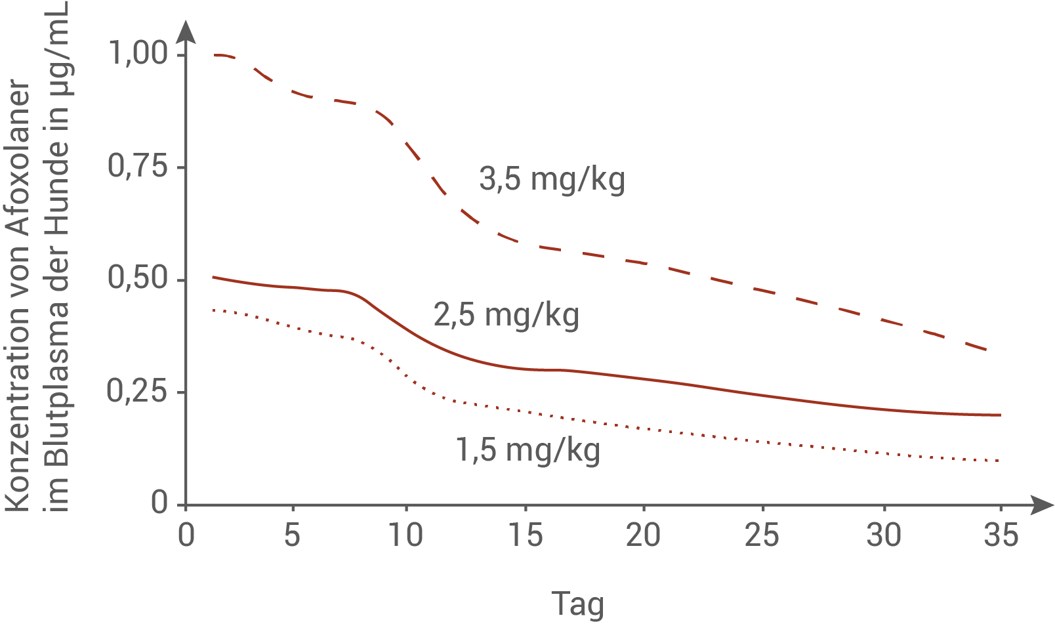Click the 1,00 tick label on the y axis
138,53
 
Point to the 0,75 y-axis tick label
138,167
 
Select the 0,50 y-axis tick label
138,278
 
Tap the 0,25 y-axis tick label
138,392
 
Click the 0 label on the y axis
160,503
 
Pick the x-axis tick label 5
292,535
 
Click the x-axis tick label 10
405,535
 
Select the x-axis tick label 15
526,535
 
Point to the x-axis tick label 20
643,535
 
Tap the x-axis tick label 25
762,535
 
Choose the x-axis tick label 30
883,535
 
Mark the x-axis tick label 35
1001,535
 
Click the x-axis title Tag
577,604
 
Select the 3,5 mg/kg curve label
552,179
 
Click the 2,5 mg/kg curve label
506,315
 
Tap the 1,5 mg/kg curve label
528,450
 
